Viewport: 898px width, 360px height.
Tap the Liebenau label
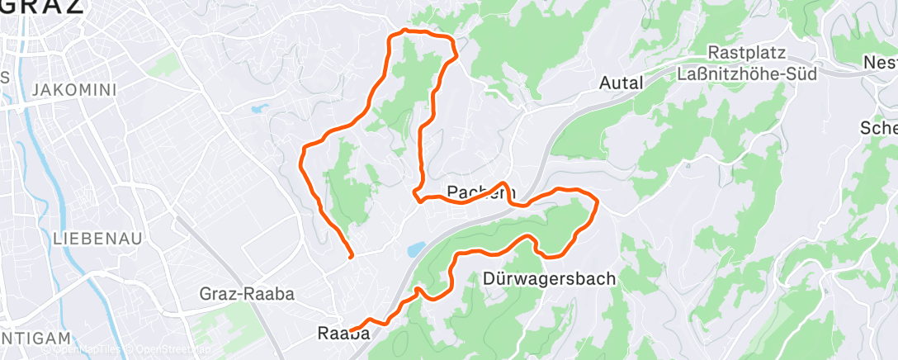pyautogui.click(x=97, y=238)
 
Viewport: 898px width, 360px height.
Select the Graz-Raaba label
pyautogui.click(x=247, y=293)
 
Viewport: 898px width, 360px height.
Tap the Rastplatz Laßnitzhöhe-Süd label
pyautogui.click(x=746, y=63)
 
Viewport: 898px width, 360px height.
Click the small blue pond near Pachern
pyautogui.click(x=415, y=249)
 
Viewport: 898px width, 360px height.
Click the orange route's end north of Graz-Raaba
pyautogui.click(x=352, y=257)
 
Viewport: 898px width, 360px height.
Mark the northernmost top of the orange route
pyautogui.click(x=404, y=31)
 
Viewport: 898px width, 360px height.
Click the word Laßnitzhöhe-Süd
pyautogui.click(x=746, y=73)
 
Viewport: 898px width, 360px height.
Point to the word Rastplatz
pyautogui.click(x=746, y=52)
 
